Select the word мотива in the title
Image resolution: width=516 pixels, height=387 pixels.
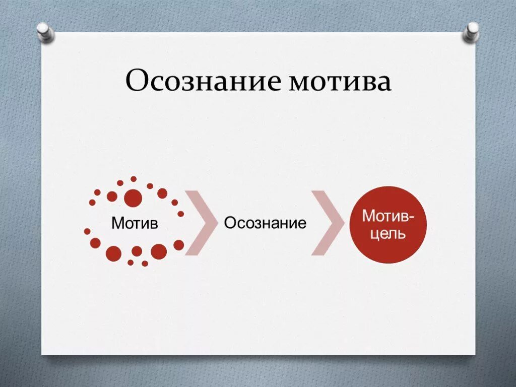(x=340, y=82)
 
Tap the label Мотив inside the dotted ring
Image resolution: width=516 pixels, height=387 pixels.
(x=135, y=223)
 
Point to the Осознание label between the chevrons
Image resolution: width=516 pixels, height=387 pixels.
(x=265, y=223)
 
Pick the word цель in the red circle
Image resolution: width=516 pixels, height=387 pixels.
(x=389, y=234)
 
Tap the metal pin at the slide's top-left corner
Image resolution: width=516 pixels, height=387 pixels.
(x=45, y=31)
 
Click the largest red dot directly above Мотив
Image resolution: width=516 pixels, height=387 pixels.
(x=133, y=197)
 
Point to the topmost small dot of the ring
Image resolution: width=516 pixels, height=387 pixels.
(x=134, y=179)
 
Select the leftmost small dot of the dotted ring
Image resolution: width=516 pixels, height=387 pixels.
(x=87, y=231)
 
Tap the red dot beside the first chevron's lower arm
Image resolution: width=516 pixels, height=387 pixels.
(x=179, y=245)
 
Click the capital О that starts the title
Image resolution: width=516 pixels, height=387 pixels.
(x=136, y=82)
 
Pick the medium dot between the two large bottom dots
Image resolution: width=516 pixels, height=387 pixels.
(x=137, y=251)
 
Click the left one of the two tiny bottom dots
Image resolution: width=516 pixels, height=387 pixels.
(x=131, y=262)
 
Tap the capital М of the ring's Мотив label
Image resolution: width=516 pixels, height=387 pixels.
(x=117, y=223)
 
